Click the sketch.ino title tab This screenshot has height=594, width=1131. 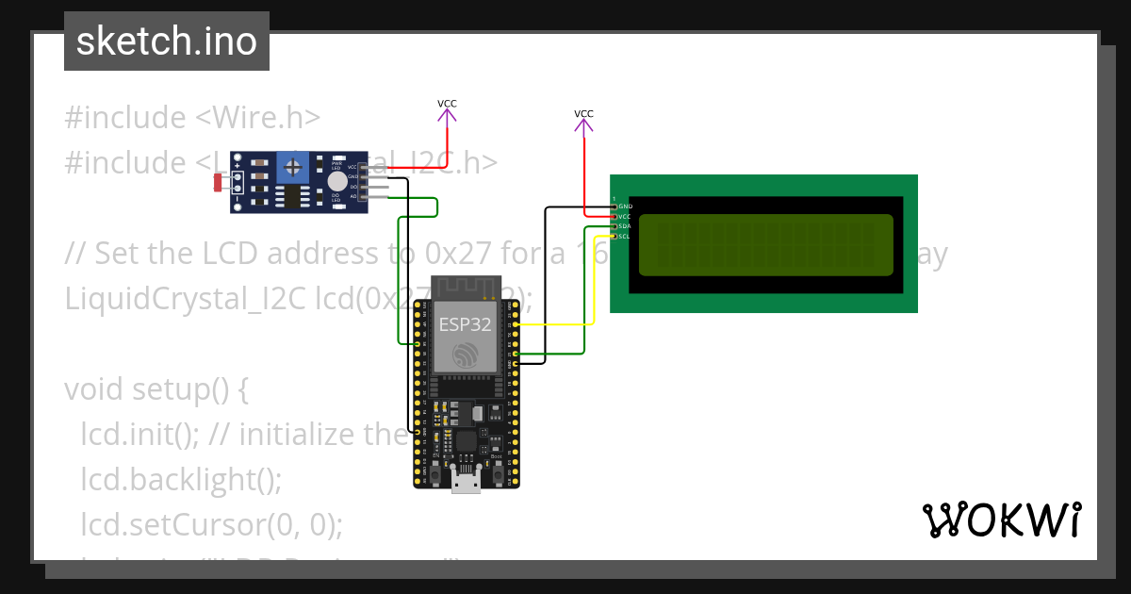[x=167, y=41]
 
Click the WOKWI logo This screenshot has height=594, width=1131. [x=1001, y=520]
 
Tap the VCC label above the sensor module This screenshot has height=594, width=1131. [x=447, y=104]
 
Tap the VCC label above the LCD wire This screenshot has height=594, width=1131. [x=583, y=114]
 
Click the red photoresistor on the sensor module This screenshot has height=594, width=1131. [x=218, y=182]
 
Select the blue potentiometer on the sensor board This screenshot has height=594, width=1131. [x=294, y=169]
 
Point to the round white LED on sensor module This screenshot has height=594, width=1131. [x=336, y=182]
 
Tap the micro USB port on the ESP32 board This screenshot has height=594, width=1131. [x=464, y=482]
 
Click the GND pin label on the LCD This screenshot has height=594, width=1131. [x=625, y=206]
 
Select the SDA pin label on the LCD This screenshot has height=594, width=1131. [x=624, y=226]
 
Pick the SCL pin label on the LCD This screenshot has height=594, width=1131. [x=624, y=236]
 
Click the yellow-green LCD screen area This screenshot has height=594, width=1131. [x=765, y=244]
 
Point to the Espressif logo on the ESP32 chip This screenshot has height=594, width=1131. [x=464, y=356]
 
